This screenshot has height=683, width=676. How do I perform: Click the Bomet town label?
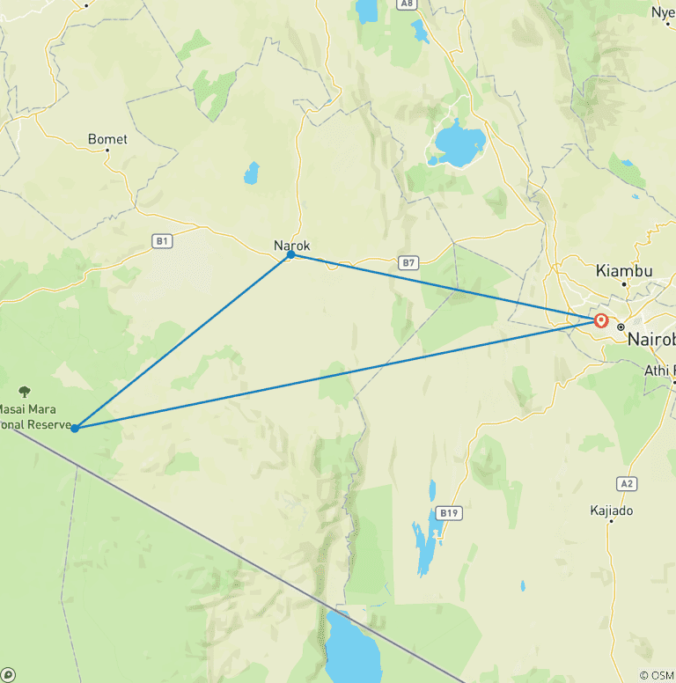(x=107, y=139)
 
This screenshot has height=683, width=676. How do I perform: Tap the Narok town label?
(x=292, y=246)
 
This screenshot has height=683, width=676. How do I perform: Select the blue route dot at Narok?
(x=290, y=254)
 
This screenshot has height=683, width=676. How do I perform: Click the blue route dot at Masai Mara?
(x=75, y=428)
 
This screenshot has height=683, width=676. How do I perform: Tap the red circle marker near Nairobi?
(x=601, y=320)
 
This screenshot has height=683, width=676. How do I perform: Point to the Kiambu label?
(x=624, y=270)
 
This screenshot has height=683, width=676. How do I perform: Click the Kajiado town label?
(x=612, y=510)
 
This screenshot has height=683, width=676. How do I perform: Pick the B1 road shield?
(x=161, y=240)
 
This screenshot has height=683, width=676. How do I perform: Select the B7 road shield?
(x=407, y=262)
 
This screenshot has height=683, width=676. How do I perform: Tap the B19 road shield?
(x=449, y=511)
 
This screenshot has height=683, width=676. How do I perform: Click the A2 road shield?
(x=627, y=483)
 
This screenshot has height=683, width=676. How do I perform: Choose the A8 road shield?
(x=406, y=4)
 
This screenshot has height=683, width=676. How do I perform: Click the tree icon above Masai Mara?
(x=24, y=391)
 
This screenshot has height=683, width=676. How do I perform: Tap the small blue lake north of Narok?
(x=253, y=173)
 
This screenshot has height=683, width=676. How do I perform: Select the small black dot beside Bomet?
(x=107, y=150)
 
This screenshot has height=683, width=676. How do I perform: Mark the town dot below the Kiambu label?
(x=624, y=283)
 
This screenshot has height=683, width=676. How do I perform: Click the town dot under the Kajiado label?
(x=611, y=521)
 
